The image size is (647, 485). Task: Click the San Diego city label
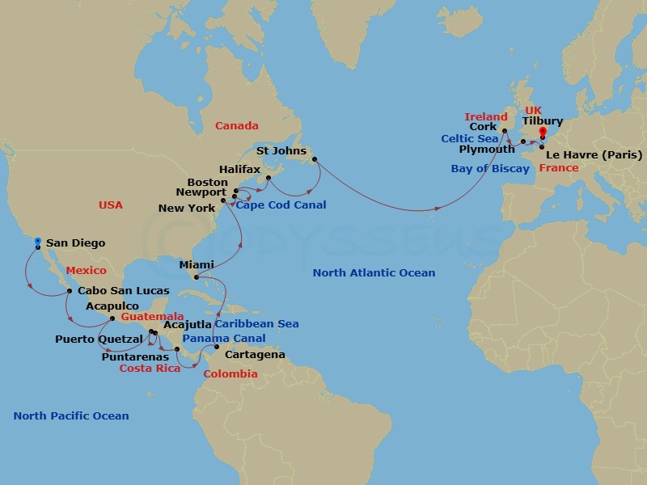tap(75, 242)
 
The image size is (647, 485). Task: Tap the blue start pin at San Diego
tap(38, 242)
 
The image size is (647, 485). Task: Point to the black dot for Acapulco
tap(112, 318)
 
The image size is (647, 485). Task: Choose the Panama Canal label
tap(224, 338)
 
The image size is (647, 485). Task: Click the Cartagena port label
tap(255, 354)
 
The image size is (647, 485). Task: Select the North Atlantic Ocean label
tap(374, 273)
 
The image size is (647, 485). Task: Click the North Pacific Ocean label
tap(70, 415)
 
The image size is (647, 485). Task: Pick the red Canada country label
tap(236, 125)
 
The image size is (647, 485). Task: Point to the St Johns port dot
tap(313, 158)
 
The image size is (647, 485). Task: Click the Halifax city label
tap(241, 169)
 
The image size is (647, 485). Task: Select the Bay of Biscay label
tap(490, 169)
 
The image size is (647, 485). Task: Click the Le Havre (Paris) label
tap(594, 154)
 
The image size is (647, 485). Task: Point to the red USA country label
tap(111, 205)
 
